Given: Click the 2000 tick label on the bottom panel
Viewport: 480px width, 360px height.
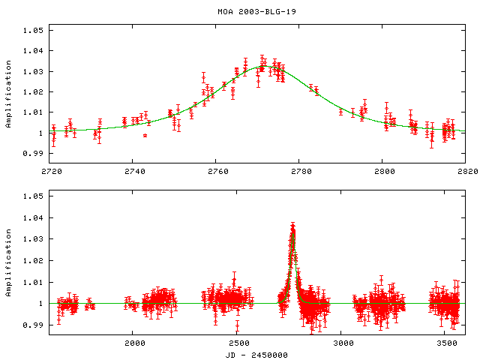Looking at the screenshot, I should (x=134, y=343).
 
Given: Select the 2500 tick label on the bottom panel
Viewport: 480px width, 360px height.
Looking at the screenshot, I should (x=238, y=343).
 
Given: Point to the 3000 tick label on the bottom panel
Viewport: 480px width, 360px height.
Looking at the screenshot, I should (x=343, y=343).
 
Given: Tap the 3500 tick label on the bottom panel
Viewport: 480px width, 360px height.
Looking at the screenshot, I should (x=447, y=343).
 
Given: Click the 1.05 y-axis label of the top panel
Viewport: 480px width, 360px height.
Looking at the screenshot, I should (x=33, y=31).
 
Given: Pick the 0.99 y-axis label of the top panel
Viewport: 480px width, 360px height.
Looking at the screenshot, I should (x=33, y=154).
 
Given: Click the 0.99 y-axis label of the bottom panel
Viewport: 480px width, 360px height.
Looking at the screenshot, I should (x=33, y=325).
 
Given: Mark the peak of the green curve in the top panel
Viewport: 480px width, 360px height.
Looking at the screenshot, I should (x=266, y=66).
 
